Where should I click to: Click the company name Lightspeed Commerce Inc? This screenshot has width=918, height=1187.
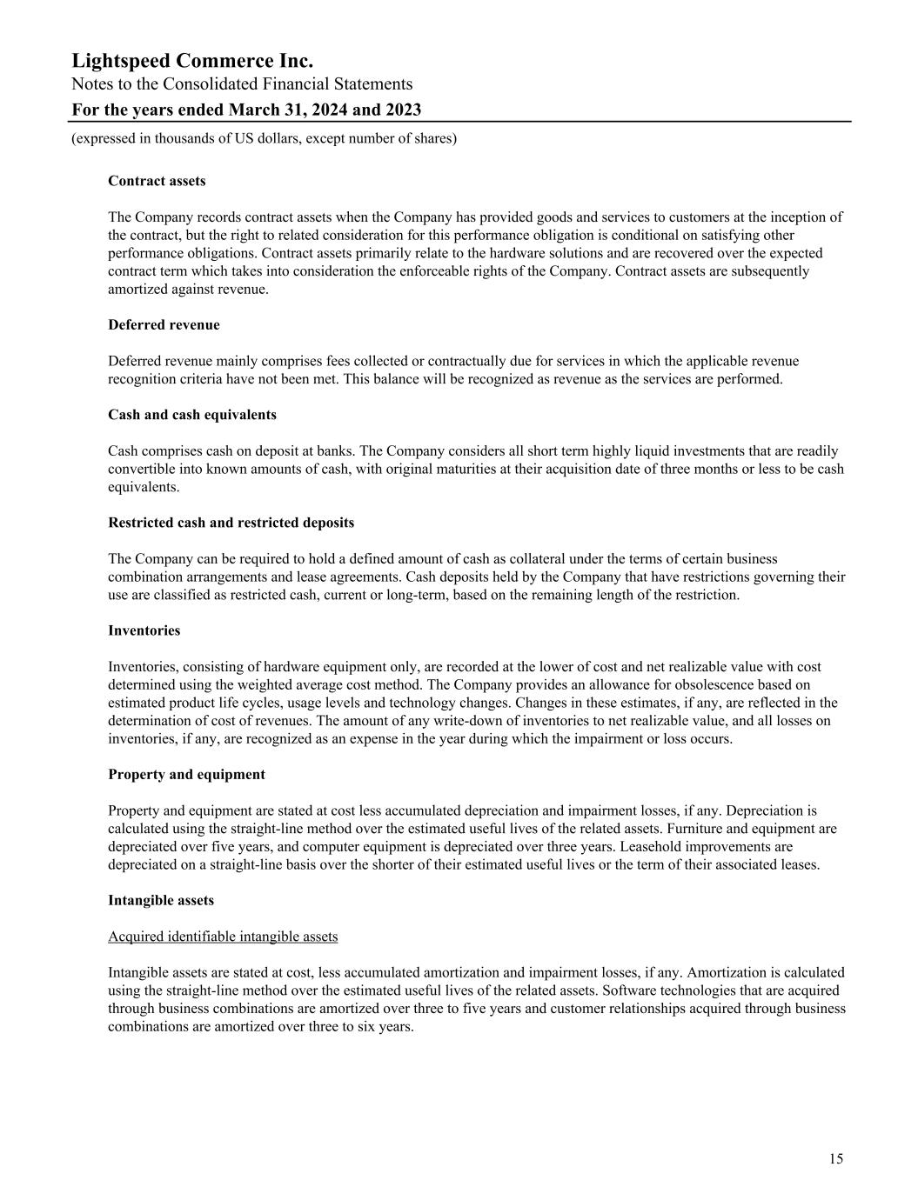[192, 61]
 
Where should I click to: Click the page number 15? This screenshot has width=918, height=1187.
[835, 1158]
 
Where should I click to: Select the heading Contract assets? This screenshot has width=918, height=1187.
[157, 181]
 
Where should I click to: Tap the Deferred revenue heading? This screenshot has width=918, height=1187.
[164, 324]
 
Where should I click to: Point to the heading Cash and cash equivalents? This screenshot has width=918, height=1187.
[192, 415]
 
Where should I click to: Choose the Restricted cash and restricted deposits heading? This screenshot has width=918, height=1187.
[231, 523]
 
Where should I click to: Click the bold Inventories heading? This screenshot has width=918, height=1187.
[144, 630]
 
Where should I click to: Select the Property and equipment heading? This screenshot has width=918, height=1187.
[186, 774]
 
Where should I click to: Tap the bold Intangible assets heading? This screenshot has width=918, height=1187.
[160, 900]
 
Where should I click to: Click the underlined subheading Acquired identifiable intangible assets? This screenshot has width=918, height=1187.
[223, 937]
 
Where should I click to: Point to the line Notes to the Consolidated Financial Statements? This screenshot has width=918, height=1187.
[242, 84]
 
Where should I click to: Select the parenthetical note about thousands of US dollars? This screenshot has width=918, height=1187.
[264, 138]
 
